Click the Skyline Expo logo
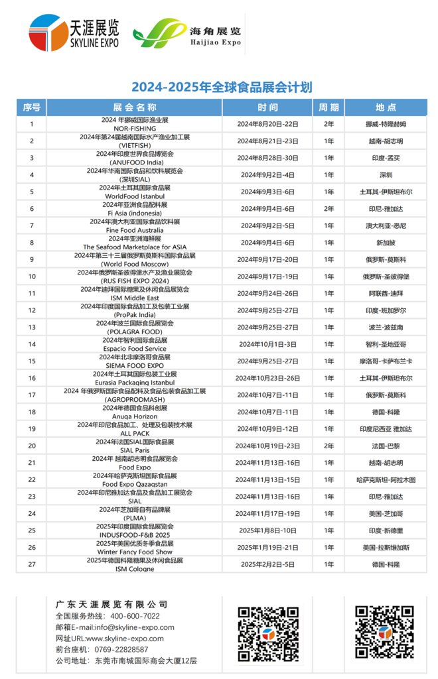pyautogui.click(x=74, y=32)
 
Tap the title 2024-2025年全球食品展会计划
pyautogui.click(x=221, y=88)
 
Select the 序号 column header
pyautogui.click(x=32, y=107)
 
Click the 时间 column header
pyautogui.click(x=267, y=107)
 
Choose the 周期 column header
pyautogui.click(x=328, y=107)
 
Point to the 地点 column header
pyautogui.click(x=385, y=107)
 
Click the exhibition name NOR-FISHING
pyautogui.click(x=135, y=128)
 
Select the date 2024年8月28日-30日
pyautogui.click(x=267, y=158)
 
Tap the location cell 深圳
pyautogui.click(x=386, y=175)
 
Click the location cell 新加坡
pyautogui.click(x=386, y=243)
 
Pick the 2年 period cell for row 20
pyautogui.click(x=328, y=446)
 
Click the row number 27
pyautogui.click(x=32, y=564)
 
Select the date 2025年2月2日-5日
pyautogui.click(x=267, y=564)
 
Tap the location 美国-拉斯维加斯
pyautogui.click(x=386, y=547)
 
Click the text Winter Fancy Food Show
pyautogui.click(x=135, y=552)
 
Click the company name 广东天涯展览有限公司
pyautogui.click(x=111, y=604)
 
